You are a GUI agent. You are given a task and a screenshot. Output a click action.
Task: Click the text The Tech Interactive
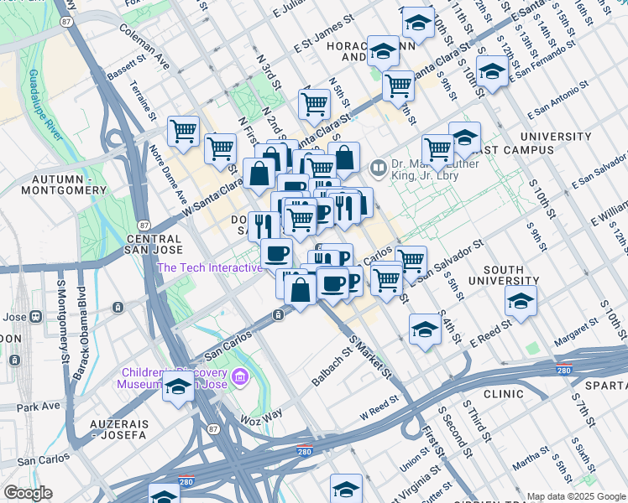pos(210,267)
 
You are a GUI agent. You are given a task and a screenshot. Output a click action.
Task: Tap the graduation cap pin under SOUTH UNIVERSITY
pos(521,301)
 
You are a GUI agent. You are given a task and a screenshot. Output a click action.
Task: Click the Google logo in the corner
pos(28,493)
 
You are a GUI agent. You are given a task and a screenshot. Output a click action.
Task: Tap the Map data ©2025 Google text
pos(576,496)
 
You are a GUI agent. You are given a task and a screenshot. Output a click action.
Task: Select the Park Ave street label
pos(38,407)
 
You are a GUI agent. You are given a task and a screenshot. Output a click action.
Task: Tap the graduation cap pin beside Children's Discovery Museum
pos(178,387)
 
